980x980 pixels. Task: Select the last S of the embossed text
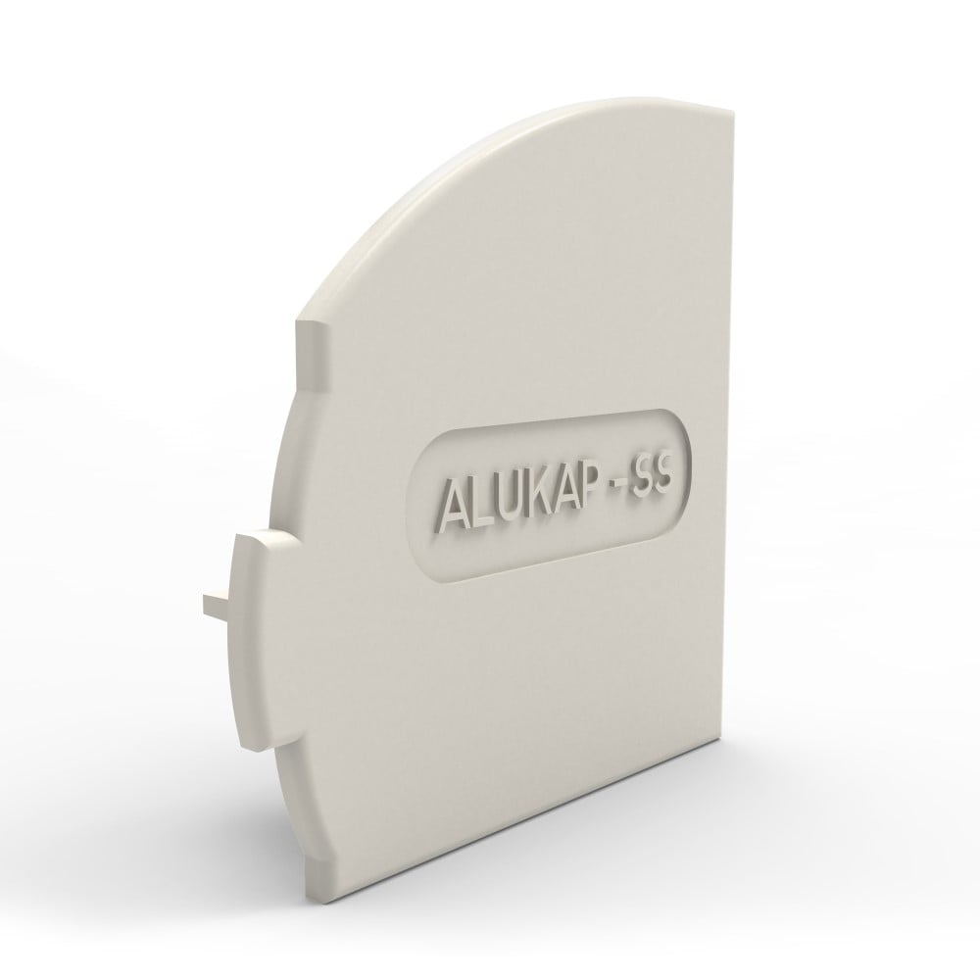point(675,483)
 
